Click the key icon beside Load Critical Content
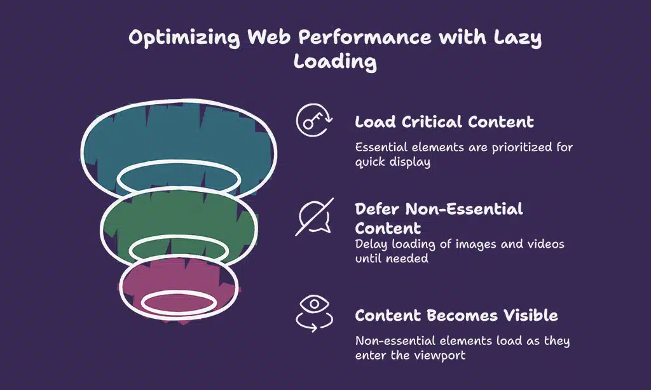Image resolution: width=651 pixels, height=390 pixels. point(314,121)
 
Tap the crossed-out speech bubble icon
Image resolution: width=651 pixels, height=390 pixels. point(314,217)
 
